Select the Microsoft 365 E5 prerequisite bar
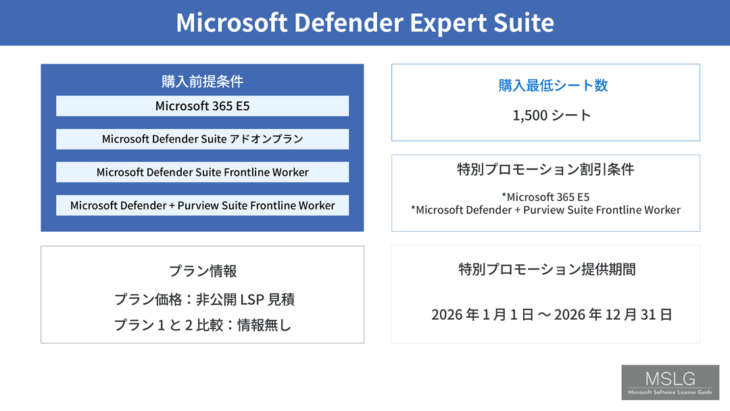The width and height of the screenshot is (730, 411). point(203,106)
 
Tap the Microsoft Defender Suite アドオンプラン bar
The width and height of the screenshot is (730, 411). point(203,139)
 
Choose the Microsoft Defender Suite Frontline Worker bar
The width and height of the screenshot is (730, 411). point(203,172)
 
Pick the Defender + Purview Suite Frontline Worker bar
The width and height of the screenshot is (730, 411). point(203,205)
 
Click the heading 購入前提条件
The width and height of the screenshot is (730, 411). point(203,81)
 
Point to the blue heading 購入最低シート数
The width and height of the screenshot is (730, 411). point(553,86)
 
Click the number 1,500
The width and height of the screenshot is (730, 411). point(530,116)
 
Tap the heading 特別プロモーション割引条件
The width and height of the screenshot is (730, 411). point(545,170)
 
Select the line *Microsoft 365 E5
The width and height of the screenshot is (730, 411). point(545,197)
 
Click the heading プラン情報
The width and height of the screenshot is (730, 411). point(203,271)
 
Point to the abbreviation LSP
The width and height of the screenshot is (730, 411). point(252,299)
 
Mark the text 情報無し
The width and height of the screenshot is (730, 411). point(264,325)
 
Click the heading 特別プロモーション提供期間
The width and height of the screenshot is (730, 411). point(547,270)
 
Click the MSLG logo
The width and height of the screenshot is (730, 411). point(671,383)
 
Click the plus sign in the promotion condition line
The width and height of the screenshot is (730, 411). point(517,210)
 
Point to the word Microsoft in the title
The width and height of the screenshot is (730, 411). point(231,22)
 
